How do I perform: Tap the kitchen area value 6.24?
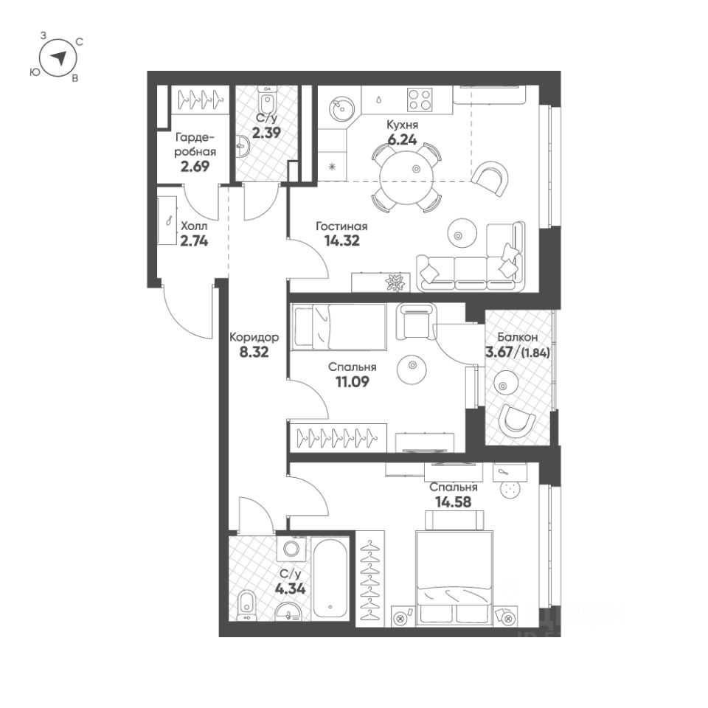pyautogui.click(x=403, y=137)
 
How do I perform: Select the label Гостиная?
pyautogui.click(x=341, y=226)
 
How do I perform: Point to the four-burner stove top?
pyautogui.click(x=419, y=100)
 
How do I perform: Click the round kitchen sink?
pyautogui.click(x=341, y=109)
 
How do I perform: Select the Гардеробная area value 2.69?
pyautogui.click(x=195, y=166)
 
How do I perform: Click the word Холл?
pyautogui.click(x=195, y=225)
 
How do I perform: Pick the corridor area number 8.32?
pyautogui.click(x=253, y=352)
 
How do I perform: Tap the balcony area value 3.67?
pyautogui.click(x=501, y=352)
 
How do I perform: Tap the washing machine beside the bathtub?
pyautogui.click(x=292, y=549)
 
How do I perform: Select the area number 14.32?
pyautogui.click(x=341, y=240)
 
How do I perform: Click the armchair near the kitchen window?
pyautogui.click(x=490, y=176)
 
